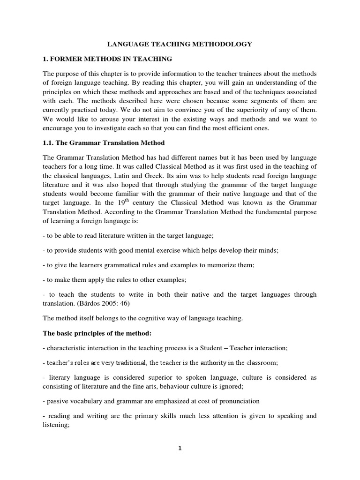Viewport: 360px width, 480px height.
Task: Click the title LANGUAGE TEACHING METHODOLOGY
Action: [180, 44]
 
